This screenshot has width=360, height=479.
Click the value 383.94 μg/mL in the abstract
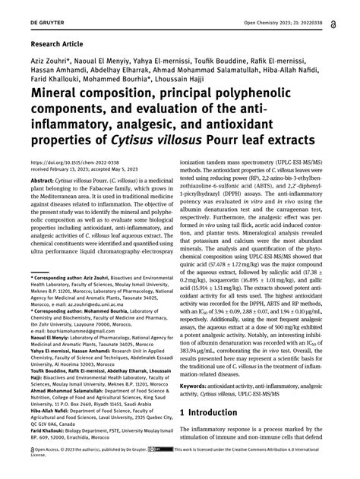pos(212,340)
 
